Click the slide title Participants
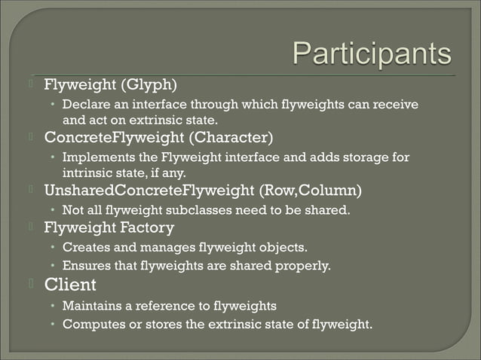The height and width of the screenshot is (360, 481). coord(371,55)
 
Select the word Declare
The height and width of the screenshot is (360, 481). coord(84,104)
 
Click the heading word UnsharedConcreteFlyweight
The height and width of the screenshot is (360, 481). coord(146,189)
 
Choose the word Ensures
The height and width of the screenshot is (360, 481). coord(85,265)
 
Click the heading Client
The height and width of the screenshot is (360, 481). coord(70,285)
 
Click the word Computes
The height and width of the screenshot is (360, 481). coord(90,325)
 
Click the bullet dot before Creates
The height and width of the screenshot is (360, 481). coord(54,247)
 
